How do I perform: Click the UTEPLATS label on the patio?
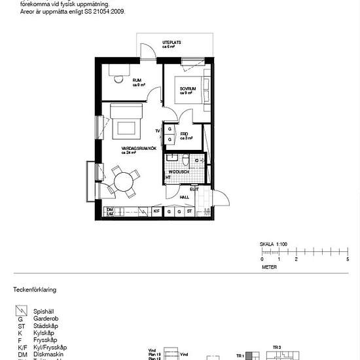tap(172, 43)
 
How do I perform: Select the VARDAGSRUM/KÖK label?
tap(139, 149)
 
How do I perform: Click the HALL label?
tap(185, 197)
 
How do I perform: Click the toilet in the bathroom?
tap(186, 160)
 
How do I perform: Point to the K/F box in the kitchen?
tap(156, 211)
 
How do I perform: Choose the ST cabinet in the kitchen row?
tap(189, 211)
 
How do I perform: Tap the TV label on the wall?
tap(158, 131)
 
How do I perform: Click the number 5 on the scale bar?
tap(348, 260)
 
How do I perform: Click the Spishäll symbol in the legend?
tap(22, 312)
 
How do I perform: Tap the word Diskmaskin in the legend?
tap(48, 354)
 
